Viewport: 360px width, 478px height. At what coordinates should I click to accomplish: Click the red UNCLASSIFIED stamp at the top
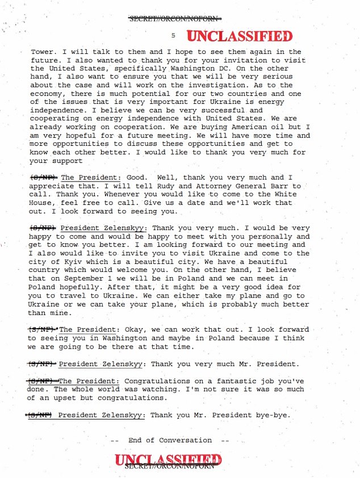240,37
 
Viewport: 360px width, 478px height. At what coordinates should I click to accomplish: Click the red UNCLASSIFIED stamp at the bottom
168,460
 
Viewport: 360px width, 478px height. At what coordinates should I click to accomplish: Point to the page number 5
173,35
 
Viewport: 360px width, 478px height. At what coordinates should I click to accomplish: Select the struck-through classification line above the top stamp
175,19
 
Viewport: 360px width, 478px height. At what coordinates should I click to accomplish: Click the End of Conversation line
169,440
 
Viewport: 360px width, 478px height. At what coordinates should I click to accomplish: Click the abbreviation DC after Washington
191,69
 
